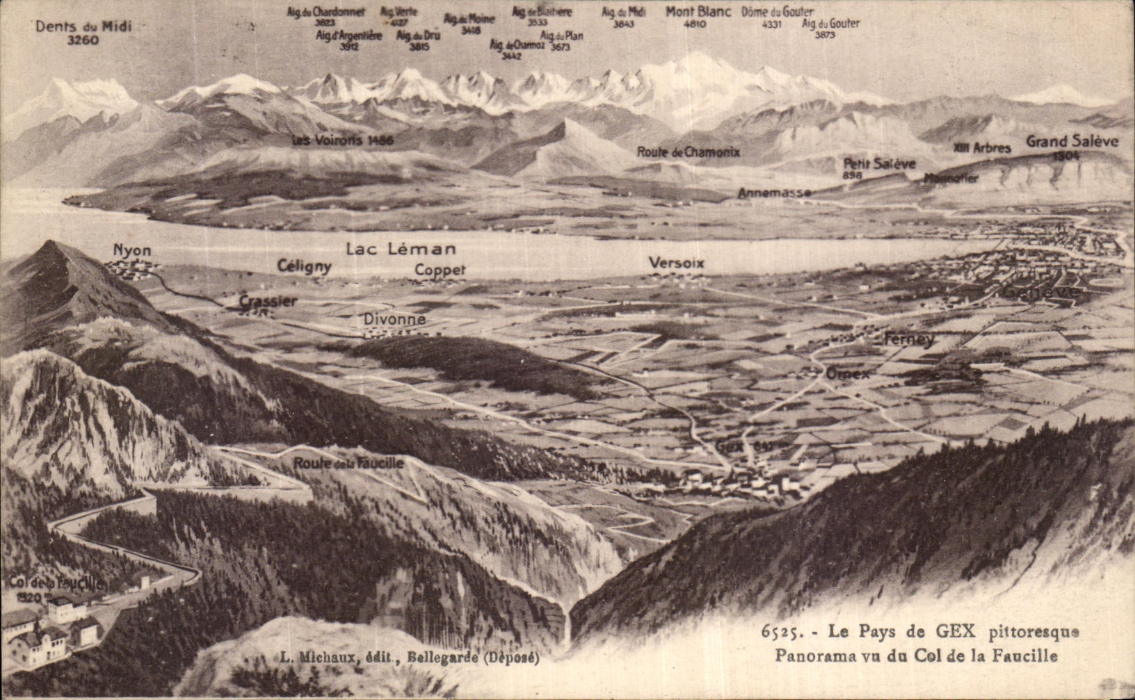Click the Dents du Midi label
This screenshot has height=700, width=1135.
pos(83,26)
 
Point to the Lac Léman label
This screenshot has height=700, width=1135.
pos(401,249)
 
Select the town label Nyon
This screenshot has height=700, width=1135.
pos(132,250)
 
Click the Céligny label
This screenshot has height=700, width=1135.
pos(304,266)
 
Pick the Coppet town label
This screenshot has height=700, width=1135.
pos(440,270)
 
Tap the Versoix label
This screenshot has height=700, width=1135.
pos(676,263)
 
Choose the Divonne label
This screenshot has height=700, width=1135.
pos(394,320)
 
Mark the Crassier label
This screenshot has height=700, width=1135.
pos(268,301)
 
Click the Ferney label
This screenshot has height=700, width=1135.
pos(908,340)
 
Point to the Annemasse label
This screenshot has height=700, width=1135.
pos(774,193)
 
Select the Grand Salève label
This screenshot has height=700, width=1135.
pos(1072,142)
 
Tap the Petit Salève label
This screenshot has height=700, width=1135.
pos(879,164)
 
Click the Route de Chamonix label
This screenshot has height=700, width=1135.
pos(689,152)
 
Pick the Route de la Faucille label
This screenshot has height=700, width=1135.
pos(348,463)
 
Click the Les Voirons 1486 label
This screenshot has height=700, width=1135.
pos(343,140)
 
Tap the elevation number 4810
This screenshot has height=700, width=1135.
pos(695,24)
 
